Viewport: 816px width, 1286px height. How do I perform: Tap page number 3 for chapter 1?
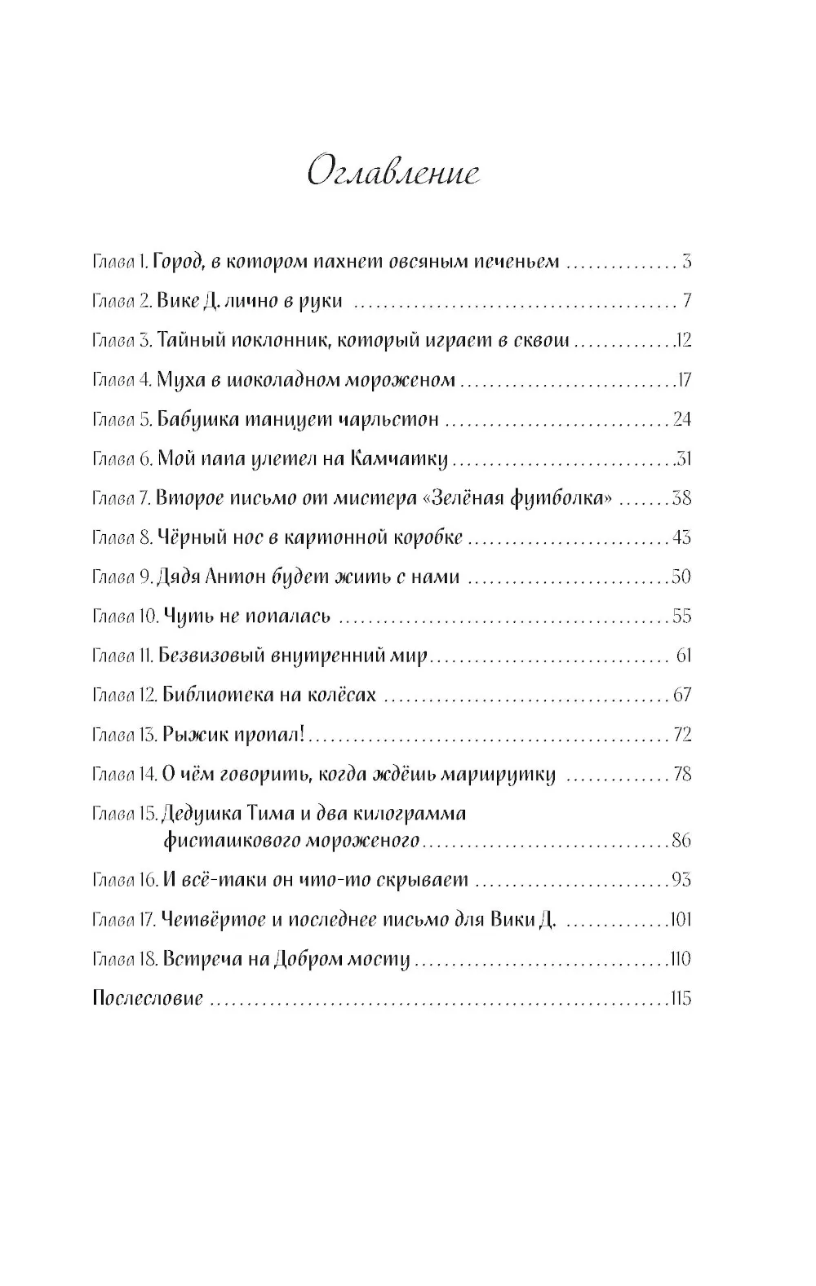click(x=687, y=262)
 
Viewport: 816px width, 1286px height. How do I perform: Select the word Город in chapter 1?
click(x=177, y=262)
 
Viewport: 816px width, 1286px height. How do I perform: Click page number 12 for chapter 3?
click(x=683, y=341)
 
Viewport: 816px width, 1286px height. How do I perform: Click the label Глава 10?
click(x=126, y=617)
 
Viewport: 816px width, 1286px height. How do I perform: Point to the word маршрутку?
click(x=498, y=775)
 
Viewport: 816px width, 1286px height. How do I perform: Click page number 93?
click(x=681, y=880)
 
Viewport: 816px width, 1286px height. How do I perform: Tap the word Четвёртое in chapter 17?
click(x=213, y=919)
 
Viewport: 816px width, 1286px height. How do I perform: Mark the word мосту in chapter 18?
click(x=384, y=959)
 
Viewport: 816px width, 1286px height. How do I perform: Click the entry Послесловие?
click(x=148, y=998)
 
